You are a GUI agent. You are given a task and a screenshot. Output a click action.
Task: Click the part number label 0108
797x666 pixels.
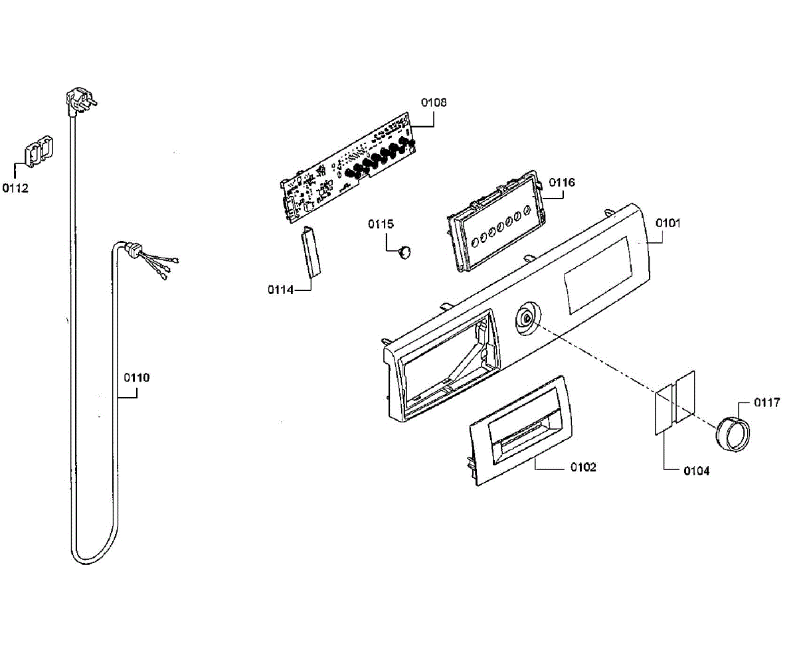(434, 102)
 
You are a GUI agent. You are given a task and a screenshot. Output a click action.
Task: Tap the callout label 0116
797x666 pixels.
(562, 182)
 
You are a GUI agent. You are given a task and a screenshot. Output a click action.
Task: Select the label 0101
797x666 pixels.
(668, 223)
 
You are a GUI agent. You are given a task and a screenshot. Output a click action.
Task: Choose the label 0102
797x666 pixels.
(583, 467)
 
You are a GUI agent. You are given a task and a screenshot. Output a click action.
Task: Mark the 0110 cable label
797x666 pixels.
(137, 378)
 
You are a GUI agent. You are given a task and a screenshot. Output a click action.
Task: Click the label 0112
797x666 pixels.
(15, 189)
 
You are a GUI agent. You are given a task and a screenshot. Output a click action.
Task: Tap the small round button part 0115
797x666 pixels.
(403, 251)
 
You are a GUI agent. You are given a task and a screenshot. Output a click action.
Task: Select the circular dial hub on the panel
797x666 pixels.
(527, 318)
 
